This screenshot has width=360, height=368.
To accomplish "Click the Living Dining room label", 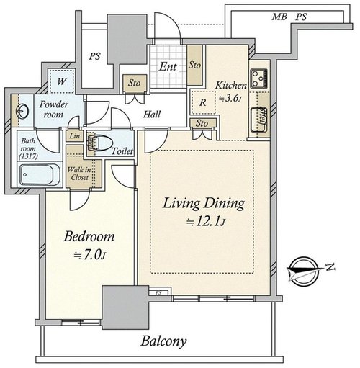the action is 204,204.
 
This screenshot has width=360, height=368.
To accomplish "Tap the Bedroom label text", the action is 89,237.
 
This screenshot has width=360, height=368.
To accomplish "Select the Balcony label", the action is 163,341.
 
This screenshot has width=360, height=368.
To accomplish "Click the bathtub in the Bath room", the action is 40,174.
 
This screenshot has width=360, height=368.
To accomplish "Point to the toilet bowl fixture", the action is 99,143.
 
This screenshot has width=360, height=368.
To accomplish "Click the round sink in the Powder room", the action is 22,111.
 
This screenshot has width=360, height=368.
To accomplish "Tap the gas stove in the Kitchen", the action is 259,78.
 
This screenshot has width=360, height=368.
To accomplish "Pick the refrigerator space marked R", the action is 203,102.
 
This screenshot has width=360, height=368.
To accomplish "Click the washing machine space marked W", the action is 61,81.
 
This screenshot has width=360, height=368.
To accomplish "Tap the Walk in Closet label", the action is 79,174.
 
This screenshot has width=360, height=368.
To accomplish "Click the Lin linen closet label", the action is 74,136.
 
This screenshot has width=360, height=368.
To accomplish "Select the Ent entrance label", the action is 168,66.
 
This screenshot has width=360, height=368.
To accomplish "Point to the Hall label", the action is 152,115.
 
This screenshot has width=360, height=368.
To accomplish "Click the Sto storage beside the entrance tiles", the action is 194,65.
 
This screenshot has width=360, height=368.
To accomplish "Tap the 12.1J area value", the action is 206,223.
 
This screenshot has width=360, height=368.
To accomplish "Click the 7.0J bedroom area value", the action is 89,256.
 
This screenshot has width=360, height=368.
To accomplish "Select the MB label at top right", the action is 279,17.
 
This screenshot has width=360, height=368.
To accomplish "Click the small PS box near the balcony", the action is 158,293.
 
